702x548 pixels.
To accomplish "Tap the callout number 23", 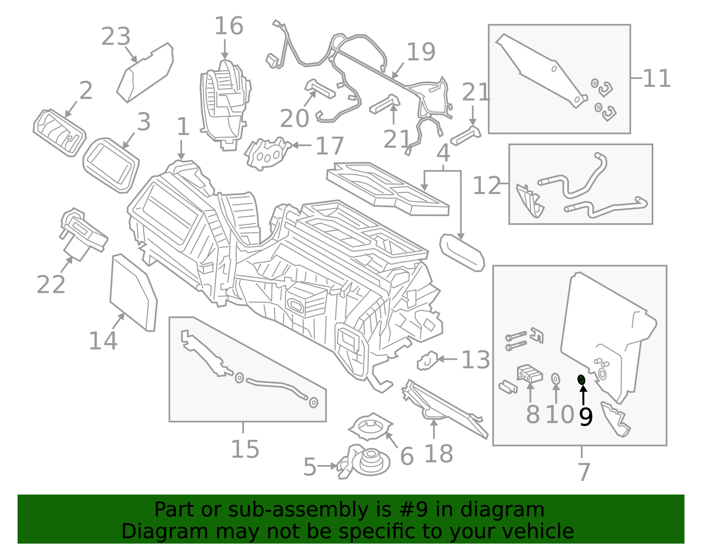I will pos(116,37).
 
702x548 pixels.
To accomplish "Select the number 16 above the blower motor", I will pos(229,26).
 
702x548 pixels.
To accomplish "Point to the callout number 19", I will pos(421,52).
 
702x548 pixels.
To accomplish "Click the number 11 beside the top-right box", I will pos(656,79).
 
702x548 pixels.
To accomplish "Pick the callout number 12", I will pos(487,186).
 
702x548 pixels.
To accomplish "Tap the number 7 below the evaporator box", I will pos(584,472).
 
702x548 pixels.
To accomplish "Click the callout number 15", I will pos(245,449).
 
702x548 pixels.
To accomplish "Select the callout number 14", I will pos(103,341).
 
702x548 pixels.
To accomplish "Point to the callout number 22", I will pos(51,285).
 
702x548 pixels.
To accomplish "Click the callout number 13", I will pos(476,360).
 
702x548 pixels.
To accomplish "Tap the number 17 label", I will pos(330,146).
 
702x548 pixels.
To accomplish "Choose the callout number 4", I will pos(444,154).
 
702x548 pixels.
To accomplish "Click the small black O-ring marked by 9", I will pos(581,380).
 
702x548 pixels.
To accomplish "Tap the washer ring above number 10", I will pos(555,378).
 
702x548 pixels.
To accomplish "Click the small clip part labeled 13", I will pos(427,361).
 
